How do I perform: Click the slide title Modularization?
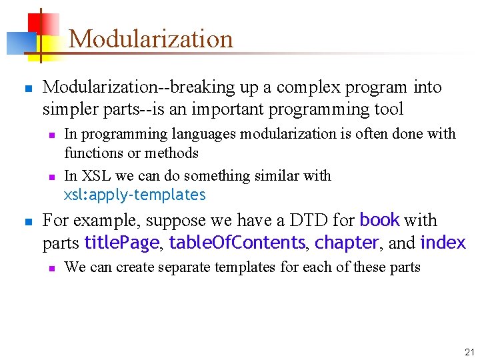click(151, 39)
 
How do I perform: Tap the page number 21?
click(469, 351)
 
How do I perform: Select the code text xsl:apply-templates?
click(135, 195)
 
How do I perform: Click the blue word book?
click(379, 220)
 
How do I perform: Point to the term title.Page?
click(121, 243)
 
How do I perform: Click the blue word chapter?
click(347, 243)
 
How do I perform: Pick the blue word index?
click(443, 243)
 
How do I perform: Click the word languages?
click(203, 134)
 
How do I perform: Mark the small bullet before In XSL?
click(51, 177)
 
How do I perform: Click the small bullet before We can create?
click(51, 268)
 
